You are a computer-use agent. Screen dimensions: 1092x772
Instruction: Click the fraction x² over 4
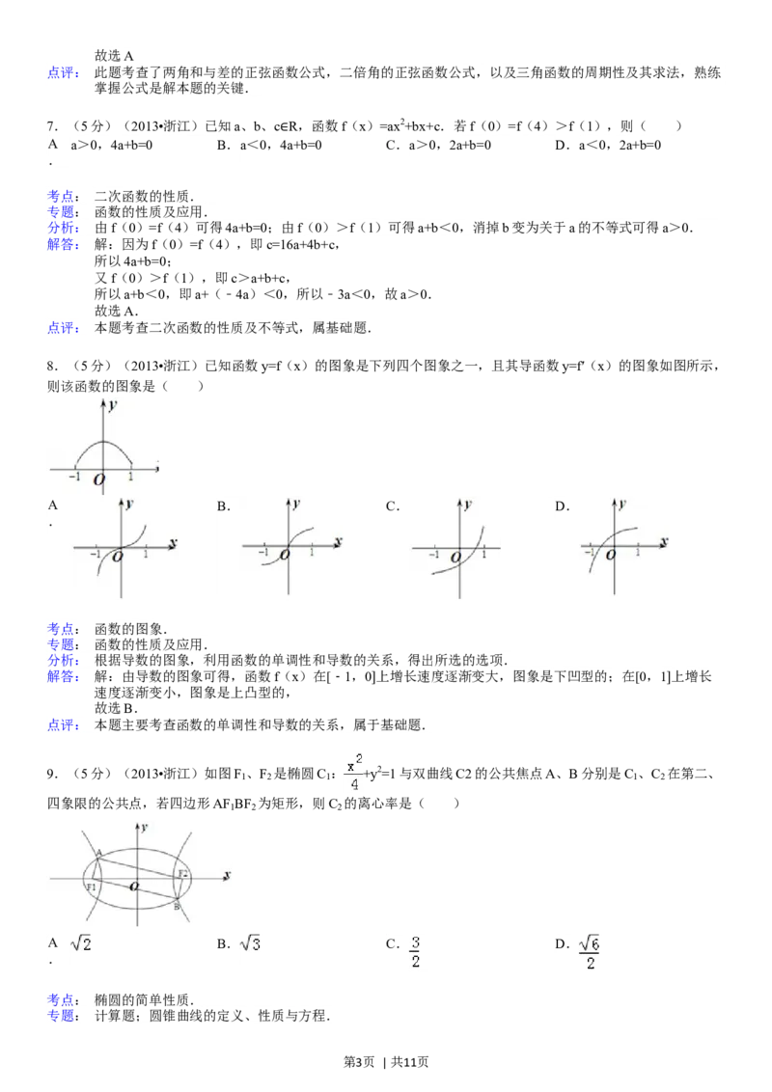[354, 772]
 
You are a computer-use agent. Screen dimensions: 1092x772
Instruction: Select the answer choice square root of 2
[82, 945]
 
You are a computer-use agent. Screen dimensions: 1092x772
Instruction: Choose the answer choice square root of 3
[252, 945]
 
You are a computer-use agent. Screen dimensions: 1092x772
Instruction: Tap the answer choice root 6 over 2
[589, 950]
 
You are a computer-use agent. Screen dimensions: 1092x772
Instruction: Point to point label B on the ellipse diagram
[178, 907]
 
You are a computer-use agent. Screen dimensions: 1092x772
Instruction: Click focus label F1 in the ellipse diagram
[92, 887]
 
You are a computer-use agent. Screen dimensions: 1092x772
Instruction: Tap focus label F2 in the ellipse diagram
[183, 874]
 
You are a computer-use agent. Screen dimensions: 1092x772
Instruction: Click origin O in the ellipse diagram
[134, 885]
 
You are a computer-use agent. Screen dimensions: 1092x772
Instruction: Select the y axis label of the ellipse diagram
[144, 828]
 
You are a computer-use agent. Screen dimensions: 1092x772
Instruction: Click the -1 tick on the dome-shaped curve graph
[74, 477]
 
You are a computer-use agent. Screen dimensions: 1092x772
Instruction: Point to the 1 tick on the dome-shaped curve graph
[130, 477]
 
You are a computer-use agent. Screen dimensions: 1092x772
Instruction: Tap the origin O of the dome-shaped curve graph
[99, 479]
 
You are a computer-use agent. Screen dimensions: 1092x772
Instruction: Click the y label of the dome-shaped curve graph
[113, 406]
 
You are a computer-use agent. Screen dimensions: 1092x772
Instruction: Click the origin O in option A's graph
[118, 556]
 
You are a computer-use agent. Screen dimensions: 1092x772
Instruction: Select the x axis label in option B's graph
[340, 543]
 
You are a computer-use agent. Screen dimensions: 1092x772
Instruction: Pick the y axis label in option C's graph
[467, 505]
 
